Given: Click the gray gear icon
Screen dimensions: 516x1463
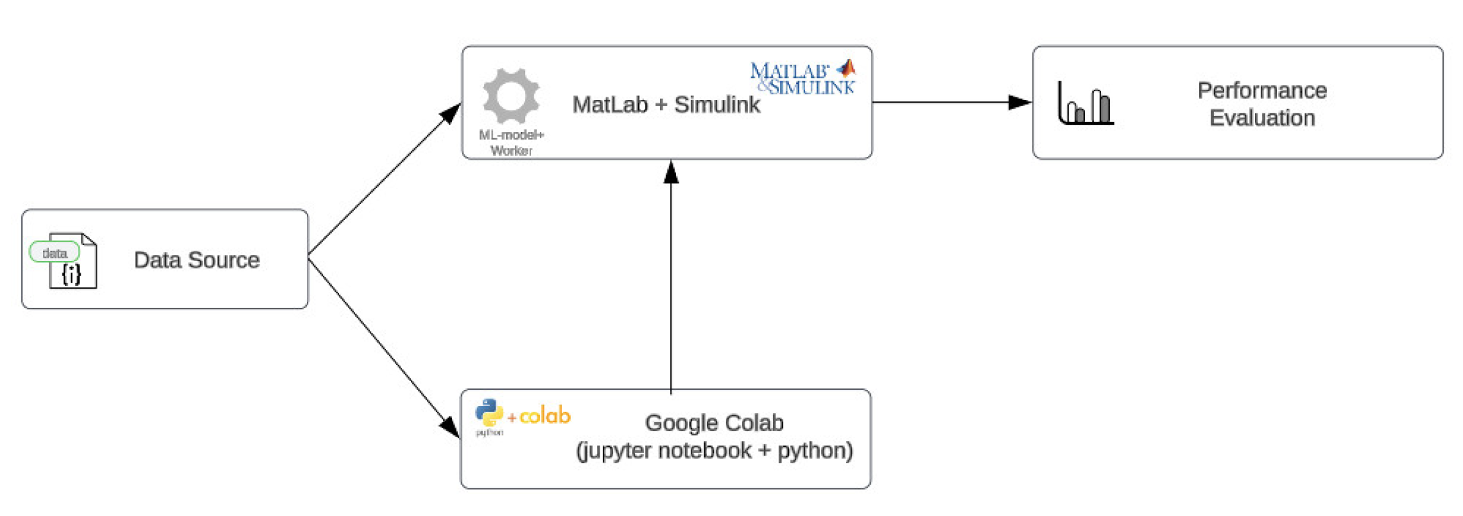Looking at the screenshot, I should tap(510, 96).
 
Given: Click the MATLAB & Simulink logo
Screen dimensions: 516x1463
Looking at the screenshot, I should tap(802, 78).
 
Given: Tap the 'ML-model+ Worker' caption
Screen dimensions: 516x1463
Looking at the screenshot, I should tap(511, 142).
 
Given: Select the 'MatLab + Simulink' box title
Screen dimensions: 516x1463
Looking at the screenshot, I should tap(665, 105).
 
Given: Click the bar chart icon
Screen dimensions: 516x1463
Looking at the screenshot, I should tap(1085, 103).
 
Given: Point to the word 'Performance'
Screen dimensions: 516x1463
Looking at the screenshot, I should tap(1262, 91).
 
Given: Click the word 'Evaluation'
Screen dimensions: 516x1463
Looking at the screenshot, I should tap(1262, 118).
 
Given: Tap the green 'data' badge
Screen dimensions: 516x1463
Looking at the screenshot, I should tap(54, 253).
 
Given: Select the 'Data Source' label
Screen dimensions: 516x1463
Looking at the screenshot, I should tap(196, 260).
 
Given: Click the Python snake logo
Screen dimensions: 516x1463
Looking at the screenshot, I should tap(489, 412).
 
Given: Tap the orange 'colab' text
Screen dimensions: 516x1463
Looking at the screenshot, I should tap(545, 416).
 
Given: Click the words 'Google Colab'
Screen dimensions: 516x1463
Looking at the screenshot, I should tap(714, 423).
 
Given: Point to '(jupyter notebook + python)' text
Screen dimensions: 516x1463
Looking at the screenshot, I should tap(714, 450).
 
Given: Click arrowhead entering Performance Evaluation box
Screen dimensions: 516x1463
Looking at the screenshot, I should tap(1020, 103).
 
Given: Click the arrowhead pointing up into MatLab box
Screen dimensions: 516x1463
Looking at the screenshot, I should tap(671, 172).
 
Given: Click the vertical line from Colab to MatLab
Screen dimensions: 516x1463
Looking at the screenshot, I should tap(671, 282).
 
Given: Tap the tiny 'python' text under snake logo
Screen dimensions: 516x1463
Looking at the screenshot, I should tap(489, 433).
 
